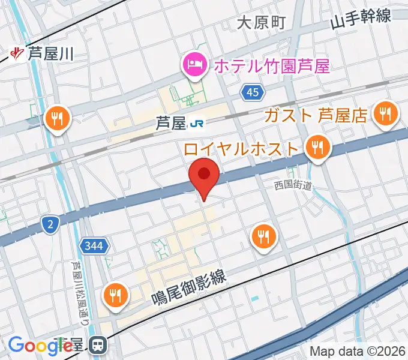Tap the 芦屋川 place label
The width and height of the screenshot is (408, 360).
(x=50, y=55)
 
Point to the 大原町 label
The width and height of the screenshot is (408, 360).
(x=261, y=23)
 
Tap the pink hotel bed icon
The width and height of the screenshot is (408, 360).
(x=195, y=64)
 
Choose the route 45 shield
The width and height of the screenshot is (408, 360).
(x=252, y=92)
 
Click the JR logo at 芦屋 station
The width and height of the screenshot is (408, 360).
(x=196, y=124)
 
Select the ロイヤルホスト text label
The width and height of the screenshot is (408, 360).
(x=242, y=148)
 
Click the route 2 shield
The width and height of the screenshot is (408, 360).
(x=50, y=224)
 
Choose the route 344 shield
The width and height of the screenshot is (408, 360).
(x=93, y=245)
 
